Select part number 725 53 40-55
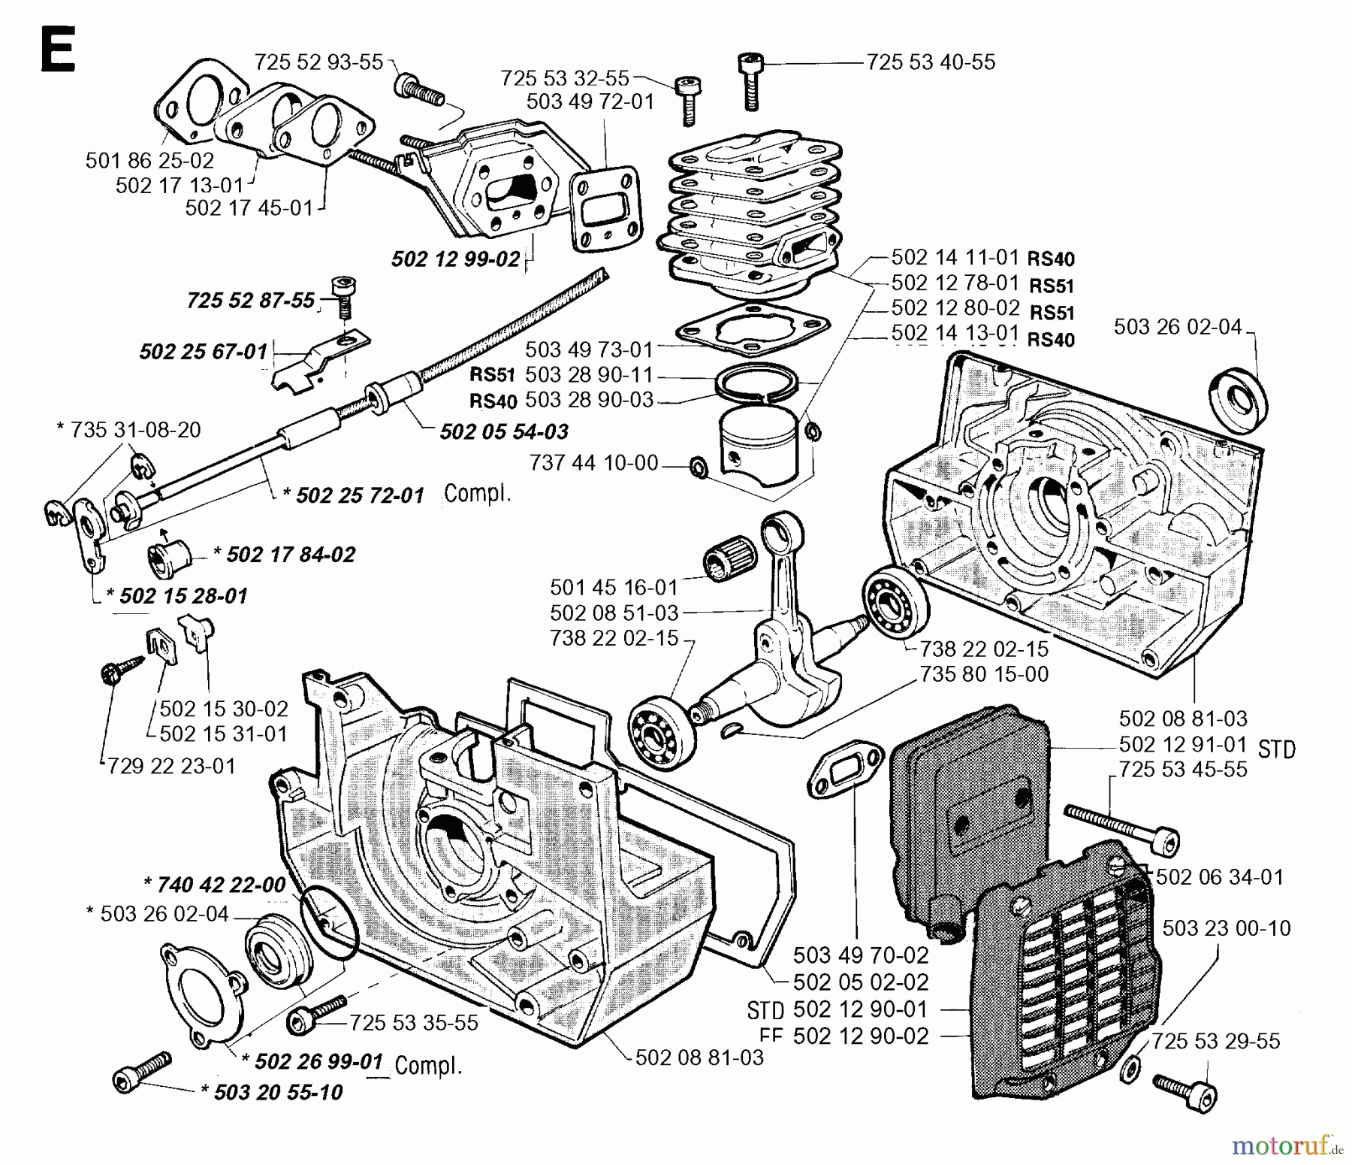(x=931, y=62)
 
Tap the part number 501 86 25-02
(x=149, y=160)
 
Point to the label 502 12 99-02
(x=455, y=259)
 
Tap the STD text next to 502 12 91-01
(x=1276, y=749)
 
